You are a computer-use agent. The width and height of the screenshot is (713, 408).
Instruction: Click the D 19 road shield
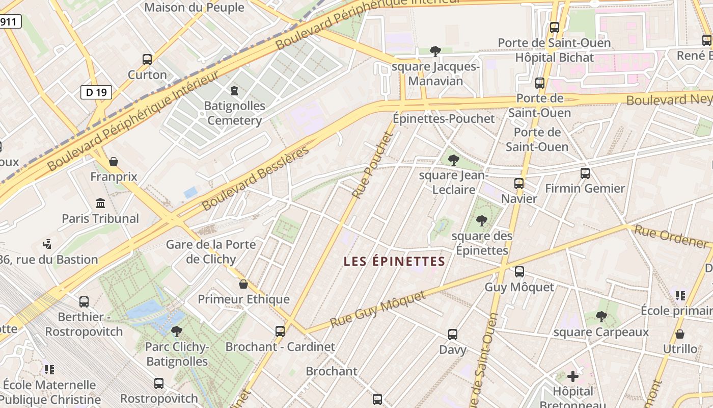(96, 92)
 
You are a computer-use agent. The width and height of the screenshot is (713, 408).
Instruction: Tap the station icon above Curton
(147, 60)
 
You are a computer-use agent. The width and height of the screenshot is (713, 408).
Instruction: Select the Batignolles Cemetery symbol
(234, 91)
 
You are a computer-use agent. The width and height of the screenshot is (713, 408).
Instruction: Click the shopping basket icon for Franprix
(114, 162)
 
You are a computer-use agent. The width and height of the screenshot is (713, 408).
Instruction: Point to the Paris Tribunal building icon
(100, 203)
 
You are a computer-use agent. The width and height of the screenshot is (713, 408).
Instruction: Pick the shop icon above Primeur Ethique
(243, 284)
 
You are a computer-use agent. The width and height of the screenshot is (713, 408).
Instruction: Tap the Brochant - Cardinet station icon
(280, 331)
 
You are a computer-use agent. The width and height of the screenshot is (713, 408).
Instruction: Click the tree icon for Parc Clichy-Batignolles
(177, 331)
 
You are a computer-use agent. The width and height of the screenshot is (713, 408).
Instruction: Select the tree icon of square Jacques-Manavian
(435, 51)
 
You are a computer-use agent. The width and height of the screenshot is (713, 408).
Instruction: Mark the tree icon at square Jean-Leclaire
(453, 160)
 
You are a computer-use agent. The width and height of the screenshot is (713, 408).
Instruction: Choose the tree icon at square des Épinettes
(481, 221)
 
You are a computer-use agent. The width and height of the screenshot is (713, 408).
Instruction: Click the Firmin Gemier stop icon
(585, 173)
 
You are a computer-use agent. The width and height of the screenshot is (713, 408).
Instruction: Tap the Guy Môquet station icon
(519, 272)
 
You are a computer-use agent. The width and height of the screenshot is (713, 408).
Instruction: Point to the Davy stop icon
(453, 335)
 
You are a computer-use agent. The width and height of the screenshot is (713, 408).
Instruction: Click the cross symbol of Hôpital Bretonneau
(573, 376)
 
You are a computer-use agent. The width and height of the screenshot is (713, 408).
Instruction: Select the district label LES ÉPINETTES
(394, 262)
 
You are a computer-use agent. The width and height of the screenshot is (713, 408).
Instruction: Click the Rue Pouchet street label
(373, 165)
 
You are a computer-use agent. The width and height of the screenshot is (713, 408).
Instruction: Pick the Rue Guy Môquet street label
(377, 310)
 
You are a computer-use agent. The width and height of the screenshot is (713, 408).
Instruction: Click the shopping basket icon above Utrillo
(679, 334)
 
